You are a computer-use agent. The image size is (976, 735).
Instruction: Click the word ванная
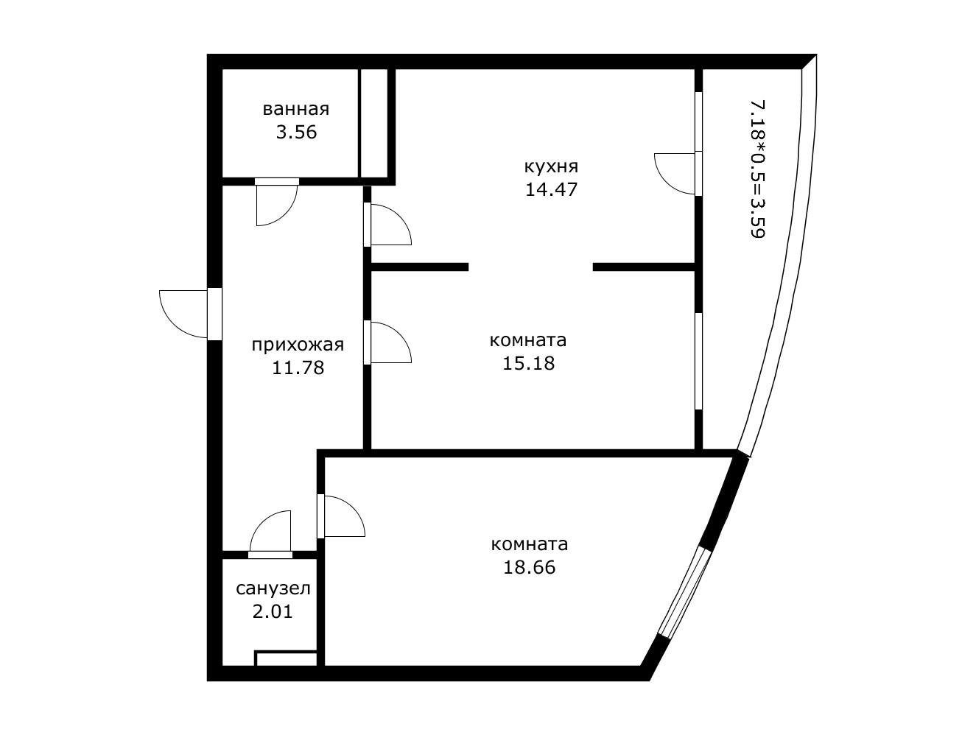295,109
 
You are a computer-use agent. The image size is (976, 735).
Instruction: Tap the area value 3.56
296,133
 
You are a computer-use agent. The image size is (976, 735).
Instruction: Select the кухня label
551,167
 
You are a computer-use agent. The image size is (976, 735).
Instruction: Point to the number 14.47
551,190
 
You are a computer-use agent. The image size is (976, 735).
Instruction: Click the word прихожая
298,345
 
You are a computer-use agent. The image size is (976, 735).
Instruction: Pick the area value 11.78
298,368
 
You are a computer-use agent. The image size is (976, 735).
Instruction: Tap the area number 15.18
528,364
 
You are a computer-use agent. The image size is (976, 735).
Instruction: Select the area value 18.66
529,568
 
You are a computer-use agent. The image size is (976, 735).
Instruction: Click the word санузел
273,588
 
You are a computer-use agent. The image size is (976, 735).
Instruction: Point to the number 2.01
273,612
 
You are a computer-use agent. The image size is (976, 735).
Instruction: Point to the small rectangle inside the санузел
286,659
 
